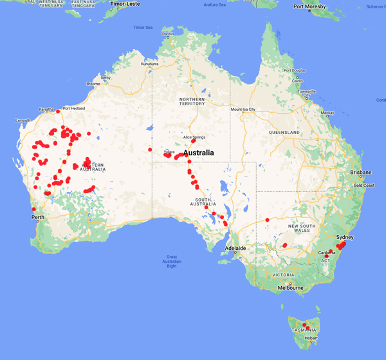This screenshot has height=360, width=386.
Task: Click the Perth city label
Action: click(x=37, y=217)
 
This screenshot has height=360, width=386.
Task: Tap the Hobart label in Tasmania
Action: click(x=312, y=337)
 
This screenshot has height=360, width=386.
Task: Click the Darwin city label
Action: click(x=168, y=33)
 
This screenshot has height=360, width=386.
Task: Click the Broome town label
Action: click(x=93, y=84)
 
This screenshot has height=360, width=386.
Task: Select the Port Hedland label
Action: click(x=75, y=108)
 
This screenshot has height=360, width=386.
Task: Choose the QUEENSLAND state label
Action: click(x=284, y=132)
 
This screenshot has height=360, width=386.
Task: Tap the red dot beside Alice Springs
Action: click(x=193, y=141)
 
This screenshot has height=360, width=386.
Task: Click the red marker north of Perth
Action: click(x=33, y=209)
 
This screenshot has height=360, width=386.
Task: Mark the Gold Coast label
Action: click(x=363, y=185)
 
